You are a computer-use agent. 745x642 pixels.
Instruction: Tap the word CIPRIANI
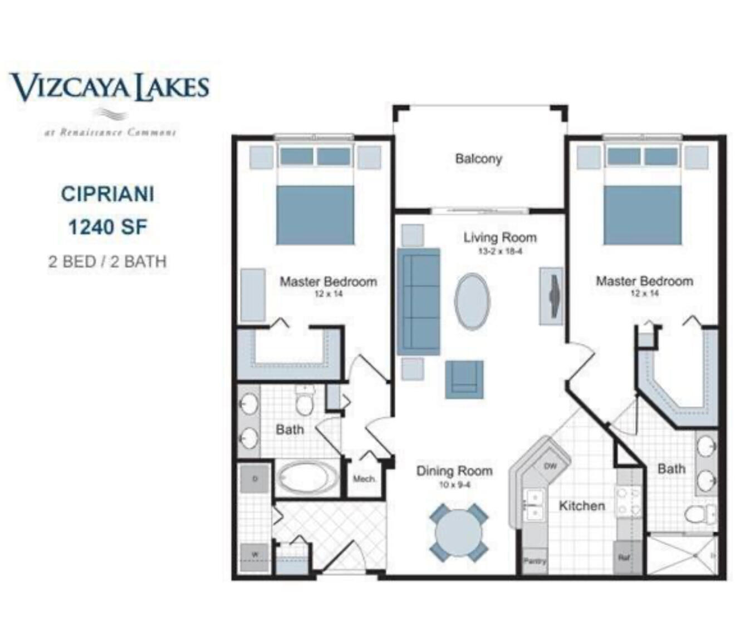tap(107, 194)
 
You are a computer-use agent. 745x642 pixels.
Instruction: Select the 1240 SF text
tap(107, 227)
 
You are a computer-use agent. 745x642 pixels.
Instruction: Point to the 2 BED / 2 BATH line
tap(107, 261)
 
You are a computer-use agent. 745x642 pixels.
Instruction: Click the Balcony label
tap(478, 159)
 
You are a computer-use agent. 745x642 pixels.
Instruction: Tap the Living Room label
tap(500, 238)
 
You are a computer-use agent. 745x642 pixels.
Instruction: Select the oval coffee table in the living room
tap(472, 302)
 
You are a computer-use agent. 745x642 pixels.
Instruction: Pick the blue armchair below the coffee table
tap(464, 379)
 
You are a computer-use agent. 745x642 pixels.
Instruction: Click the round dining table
tap(458, 532)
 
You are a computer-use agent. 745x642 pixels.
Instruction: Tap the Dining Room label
tap(454, 471)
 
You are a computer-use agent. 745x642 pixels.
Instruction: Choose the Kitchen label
tap(581, 506)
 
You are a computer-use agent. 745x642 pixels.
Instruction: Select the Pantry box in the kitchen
tap(535, 561)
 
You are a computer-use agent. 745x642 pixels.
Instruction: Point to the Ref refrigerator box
tap(624, 557)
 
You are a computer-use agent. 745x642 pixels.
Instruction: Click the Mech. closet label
tap(364, 479)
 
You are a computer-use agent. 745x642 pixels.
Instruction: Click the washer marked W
tap(255, 555)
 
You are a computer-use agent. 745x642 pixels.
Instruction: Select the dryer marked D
tap(255, 478)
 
